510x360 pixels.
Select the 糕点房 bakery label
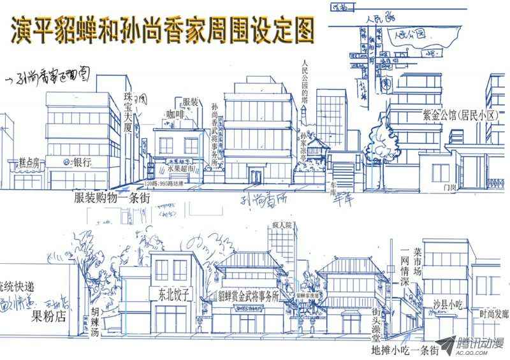(x=29, y=162)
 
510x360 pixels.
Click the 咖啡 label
(x=176, y=115)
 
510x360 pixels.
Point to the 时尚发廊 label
(x=495, y=314)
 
